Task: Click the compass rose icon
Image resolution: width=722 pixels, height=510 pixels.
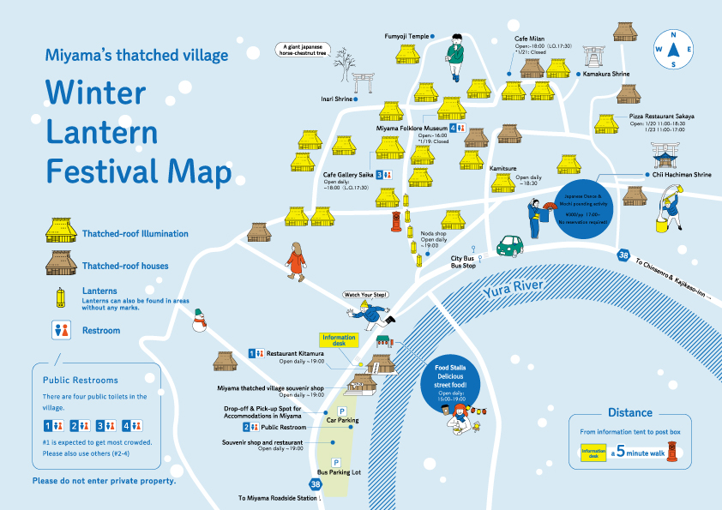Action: (x=675, y=49)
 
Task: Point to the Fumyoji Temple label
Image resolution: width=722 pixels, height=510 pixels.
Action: (x=406, y=36)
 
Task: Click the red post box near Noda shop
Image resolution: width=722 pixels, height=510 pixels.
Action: (x=396, y=222)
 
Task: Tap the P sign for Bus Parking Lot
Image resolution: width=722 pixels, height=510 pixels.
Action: (x=336, y=463)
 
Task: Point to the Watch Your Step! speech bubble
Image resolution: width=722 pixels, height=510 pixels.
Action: (x=366, y=294)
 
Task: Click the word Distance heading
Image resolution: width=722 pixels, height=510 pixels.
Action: (x=630, y=412)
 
